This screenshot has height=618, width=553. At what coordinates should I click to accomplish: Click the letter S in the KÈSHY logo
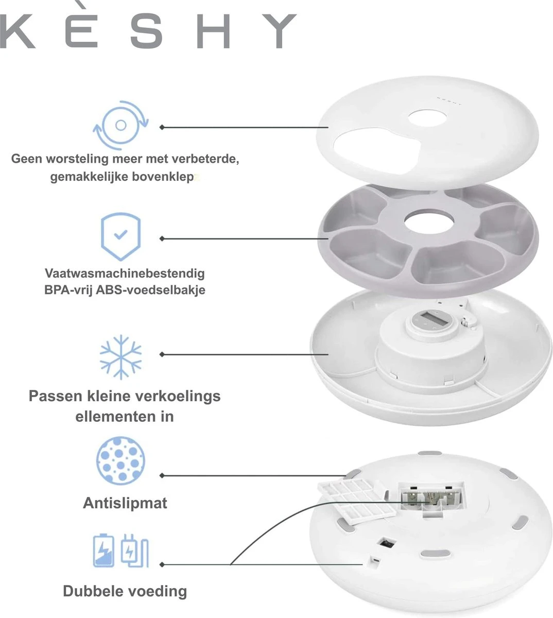coord(147,31)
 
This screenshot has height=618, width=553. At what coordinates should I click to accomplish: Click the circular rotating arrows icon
coord(121,125)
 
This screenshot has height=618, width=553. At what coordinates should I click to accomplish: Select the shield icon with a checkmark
coord(121,236)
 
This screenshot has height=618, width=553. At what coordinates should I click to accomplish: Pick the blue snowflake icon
coord(121,357)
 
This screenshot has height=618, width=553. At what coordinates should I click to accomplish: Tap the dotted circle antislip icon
coord(121,460)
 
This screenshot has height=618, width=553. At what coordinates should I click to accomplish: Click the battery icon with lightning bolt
coord(103,551)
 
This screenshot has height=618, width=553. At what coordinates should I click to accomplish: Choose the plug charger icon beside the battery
coord(135,551)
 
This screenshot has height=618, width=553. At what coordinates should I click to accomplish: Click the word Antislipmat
coord(125,504)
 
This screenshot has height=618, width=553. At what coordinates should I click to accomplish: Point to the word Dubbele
coord(93,591)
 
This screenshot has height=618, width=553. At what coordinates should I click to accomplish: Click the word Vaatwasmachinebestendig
coord(125,273)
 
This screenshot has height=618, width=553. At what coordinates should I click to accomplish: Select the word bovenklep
coord(163,177)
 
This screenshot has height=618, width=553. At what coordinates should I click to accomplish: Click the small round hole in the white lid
coord(428,118)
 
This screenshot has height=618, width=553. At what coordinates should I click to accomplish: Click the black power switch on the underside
coord(387,543)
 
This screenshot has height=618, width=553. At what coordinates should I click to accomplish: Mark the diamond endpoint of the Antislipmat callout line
coord(162,475)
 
